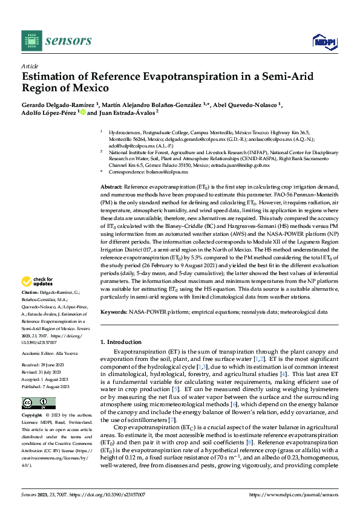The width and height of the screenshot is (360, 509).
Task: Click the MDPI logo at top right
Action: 321,41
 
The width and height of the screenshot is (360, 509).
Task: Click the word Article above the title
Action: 30,66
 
